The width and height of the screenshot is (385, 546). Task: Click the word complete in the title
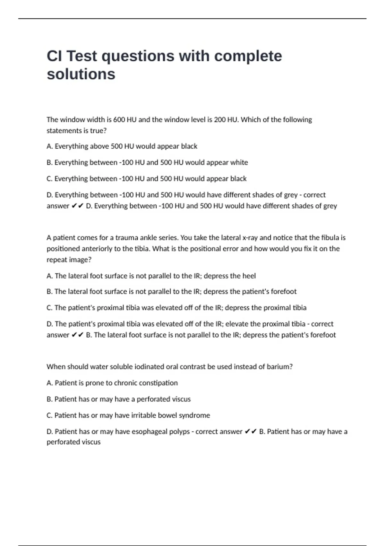[x=248, y=56]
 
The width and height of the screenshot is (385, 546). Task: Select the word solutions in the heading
[x=81, y=74]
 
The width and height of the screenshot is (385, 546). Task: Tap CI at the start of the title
[x=54, y=56]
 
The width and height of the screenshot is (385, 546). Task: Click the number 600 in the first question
[x=119, y=120]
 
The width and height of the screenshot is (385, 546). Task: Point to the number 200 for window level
[x=220, y=120]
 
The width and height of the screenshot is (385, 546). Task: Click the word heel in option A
[x=249, y=276]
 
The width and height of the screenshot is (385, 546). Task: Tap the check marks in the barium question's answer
[x=251, y=432]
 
